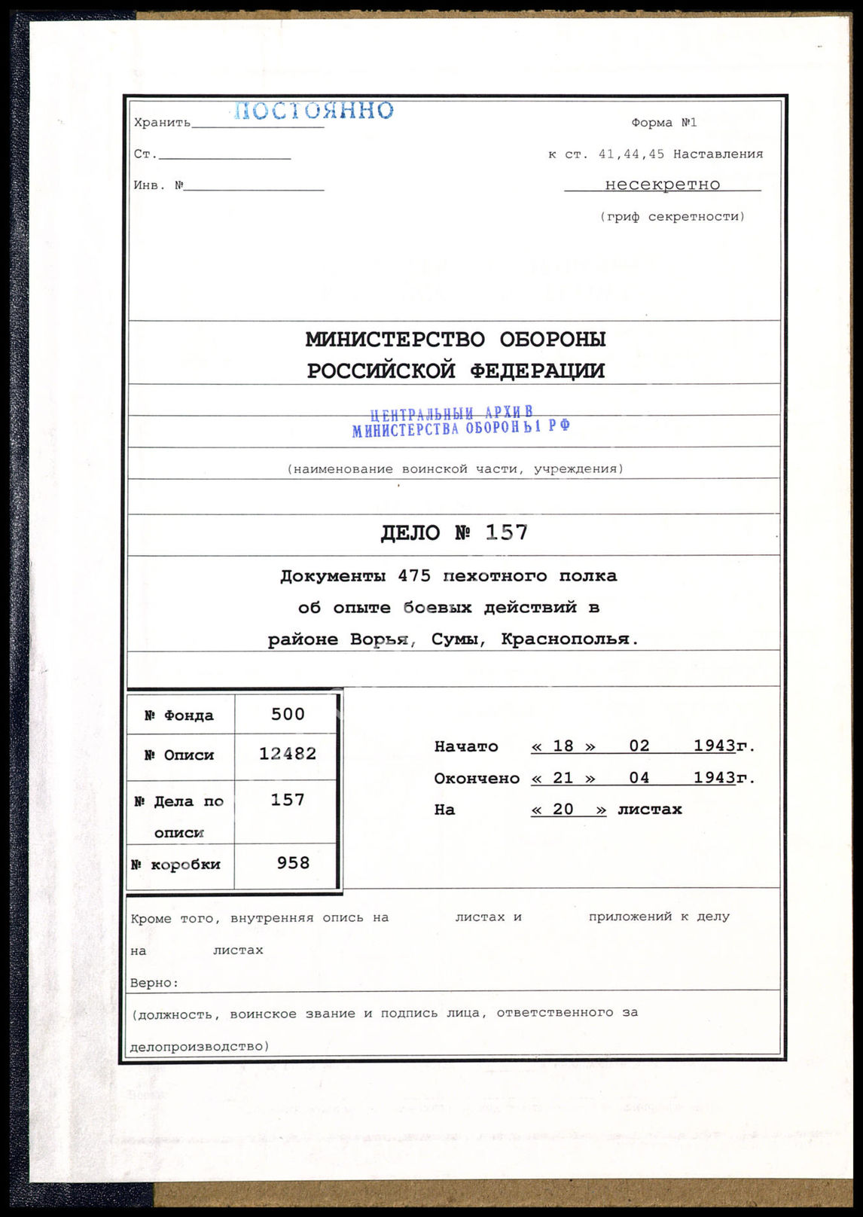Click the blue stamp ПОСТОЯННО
point(313,111)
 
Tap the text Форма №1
point(663,123)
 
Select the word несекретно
point(662,185)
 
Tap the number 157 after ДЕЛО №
point(506,532)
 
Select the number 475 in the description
point(414,576)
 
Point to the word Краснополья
point(569,639)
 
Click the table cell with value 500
point(288,714)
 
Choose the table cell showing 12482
point(288,754)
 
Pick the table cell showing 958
point(293,863)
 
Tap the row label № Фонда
point(179,715)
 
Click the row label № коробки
point(175,865)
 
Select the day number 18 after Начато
point(563,746)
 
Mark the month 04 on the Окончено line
point(639,778)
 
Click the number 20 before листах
point(563,810)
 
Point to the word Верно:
point(154,983)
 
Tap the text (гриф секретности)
point(672,217)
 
